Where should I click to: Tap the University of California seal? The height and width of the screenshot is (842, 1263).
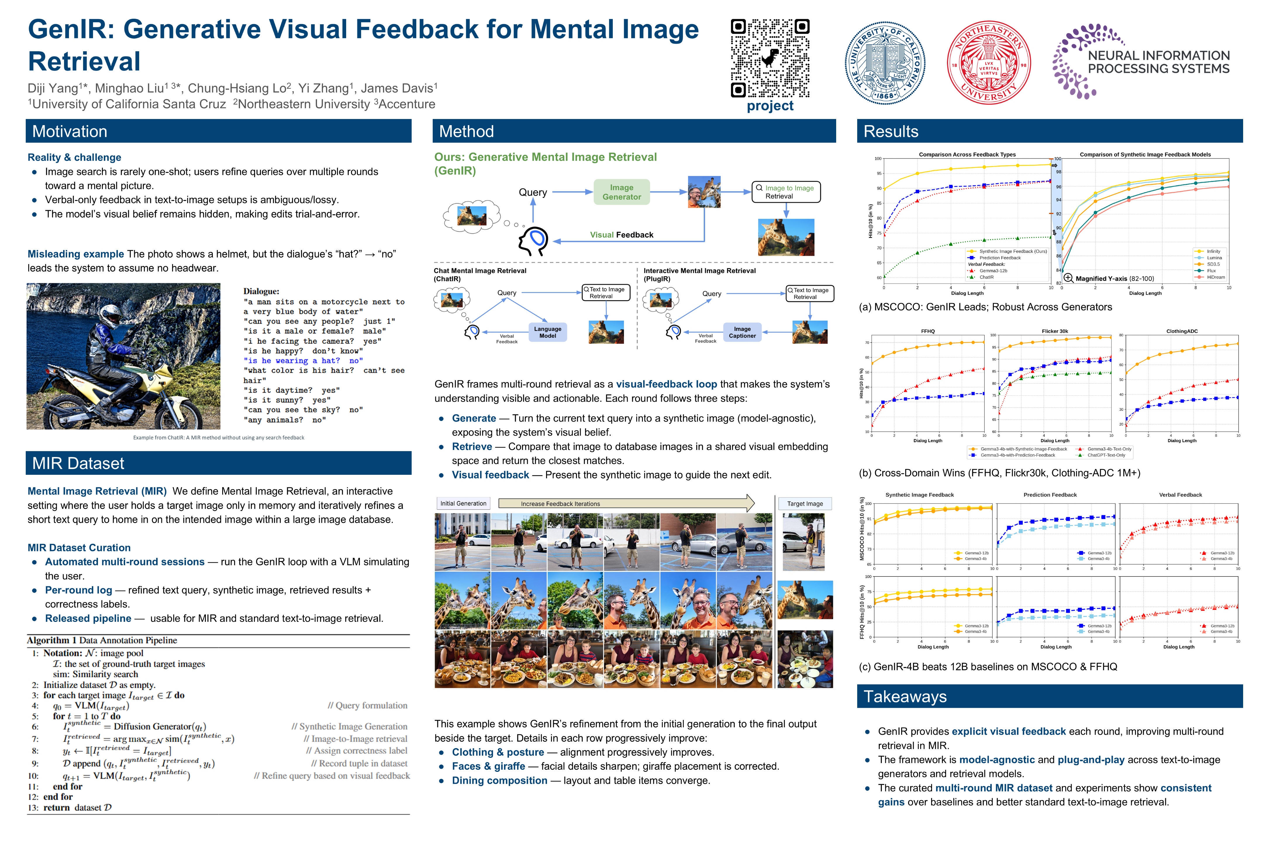(885, 63)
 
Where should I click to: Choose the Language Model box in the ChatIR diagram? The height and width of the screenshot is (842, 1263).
(547, 332)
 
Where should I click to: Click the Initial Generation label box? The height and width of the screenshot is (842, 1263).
(463, 504)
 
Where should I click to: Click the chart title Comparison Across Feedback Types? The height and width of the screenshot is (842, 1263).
(967, 155)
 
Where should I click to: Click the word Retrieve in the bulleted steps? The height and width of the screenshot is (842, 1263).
(472, 447)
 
